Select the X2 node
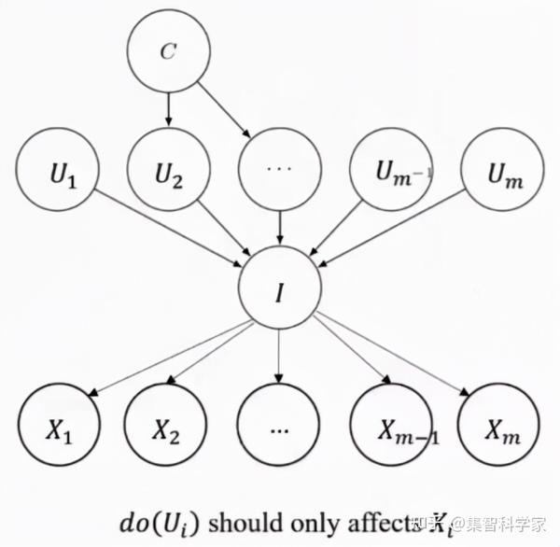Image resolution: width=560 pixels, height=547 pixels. (167, 432)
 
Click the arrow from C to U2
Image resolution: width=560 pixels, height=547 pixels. (167, 110)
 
